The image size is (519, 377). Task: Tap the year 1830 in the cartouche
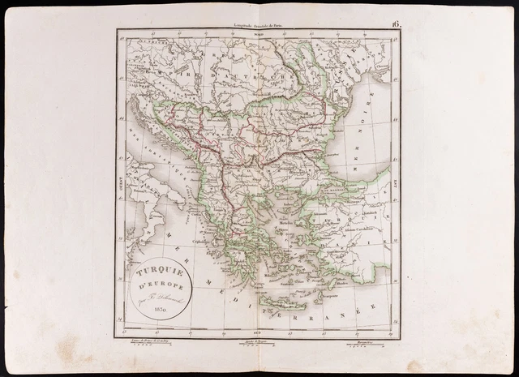pyautogui.click(x=158, y=312)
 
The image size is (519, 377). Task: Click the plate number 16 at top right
pyautogui.click(x=396, y=25)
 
